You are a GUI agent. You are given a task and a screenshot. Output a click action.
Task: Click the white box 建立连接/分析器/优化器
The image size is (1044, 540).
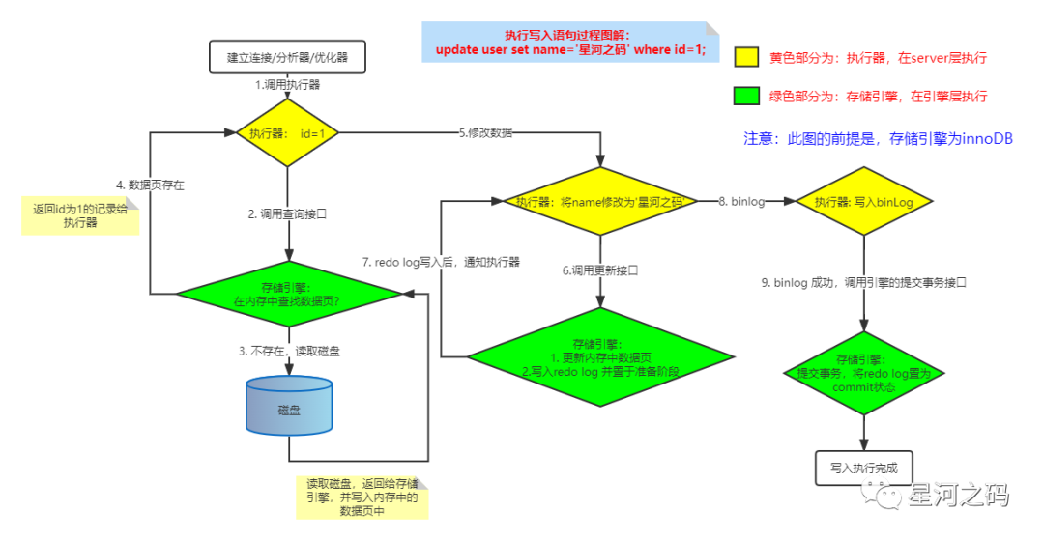(x=287, y=57)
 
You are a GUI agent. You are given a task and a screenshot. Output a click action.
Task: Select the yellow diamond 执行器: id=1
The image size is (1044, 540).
(x=287, y=132)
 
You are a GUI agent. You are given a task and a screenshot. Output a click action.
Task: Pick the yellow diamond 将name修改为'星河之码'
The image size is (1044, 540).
(x=599, y=202)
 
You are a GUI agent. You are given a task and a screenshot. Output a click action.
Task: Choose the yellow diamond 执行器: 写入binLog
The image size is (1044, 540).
(x=864, y=202)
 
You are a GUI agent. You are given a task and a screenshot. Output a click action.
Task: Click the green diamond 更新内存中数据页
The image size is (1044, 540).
(x=599, y=356)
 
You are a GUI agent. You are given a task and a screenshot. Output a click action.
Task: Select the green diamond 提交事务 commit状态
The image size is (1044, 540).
(x=864, y=373)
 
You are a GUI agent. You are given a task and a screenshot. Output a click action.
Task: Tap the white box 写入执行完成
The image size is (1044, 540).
(x=864, y=468)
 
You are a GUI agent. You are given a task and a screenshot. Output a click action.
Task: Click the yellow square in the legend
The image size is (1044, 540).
(x=746, y=57)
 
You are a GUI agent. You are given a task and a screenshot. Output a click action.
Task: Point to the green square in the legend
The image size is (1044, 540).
(x=746, y=97)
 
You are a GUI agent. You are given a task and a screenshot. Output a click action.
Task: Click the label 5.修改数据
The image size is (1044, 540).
(x=486, y=132)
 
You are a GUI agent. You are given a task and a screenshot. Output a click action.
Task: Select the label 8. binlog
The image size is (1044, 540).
(x=741, y=202)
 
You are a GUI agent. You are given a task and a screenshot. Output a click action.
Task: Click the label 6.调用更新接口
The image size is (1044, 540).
(x=601, y=270)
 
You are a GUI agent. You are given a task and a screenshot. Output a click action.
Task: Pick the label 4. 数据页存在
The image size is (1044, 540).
(x=150, y=184)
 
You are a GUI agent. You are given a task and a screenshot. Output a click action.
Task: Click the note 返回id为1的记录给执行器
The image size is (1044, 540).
(x=81, y=214)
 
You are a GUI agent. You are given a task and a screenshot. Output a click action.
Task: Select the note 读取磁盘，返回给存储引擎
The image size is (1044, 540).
(x=362, y=497)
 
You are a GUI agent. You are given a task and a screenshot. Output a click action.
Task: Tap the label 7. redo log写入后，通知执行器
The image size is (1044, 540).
(x=441, y=262)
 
